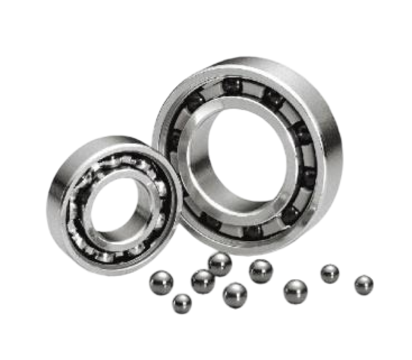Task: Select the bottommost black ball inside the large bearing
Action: click(252, 232)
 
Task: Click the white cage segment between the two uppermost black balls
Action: click(251, 87)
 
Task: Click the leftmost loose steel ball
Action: click(162, 281)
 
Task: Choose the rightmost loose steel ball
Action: click(364, 284)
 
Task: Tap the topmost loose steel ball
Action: click(220, 263)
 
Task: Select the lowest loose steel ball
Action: click(181, 303)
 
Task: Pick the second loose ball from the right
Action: click(330, 273)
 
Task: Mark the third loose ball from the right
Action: click(295, 291)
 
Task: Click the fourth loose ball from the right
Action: click(260, 271)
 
